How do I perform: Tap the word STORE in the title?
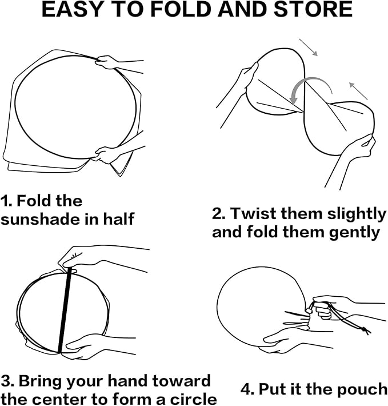313,9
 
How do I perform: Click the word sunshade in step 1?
41,219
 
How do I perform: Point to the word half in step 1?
119,218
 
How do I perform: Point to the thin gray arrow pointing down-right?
308,47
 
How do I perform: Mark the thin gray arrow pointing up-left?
358,90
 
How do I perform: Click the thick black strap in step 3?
65,310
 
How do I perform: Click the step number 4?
247,389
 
